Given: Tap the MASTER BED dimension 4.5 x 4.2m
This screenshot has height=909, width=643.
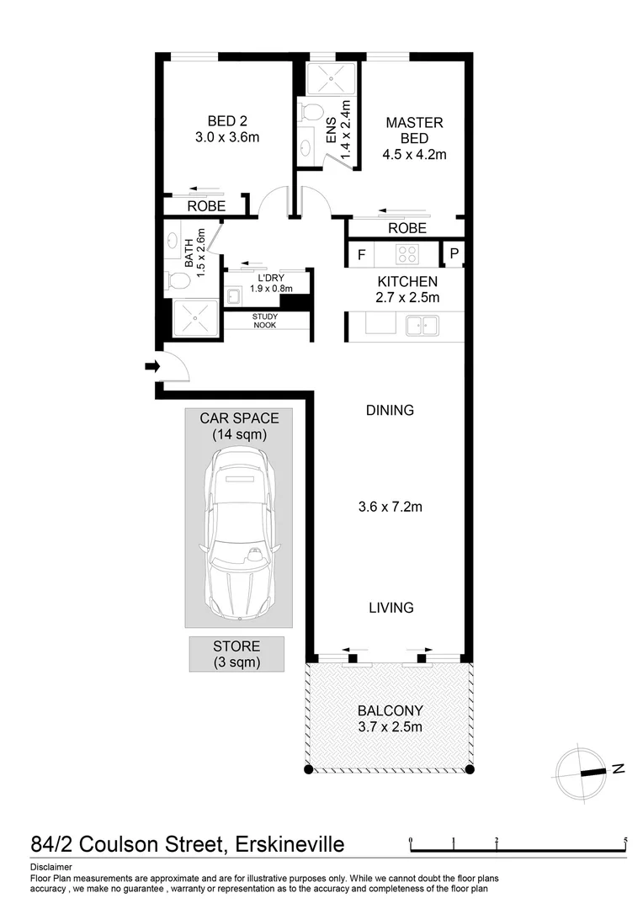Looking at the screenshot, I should coord(414,154).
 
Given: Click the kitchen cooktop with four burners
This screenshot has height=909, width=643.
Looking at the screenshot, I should coord(408,252).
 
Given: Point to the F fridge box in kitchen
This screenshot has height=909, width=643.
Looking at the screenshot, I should coord(361,253).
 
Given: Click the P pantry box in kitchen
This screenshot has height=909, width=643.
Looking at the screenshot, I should coord(454,253).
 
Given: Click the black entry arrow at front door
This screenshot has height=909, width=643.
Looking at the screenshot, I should coord(152,366).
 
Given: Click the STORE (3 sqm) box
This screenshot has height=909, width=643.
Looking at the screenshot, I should coord(236,654).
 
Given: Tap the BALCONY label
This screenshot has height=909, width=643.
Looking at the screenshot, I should coord(389,710).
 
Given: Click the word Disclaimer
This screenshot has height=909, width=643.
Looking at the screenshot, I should coord(50,866).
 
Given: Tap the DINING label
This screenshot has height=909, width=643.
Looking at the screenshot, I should coord(390,411).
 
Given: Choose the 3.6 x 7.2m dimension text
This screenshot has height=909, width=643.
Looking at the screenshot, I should coord(389,507).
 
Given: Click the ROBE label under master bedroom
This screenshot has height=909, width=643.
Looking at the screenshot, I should coord(407,228).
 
